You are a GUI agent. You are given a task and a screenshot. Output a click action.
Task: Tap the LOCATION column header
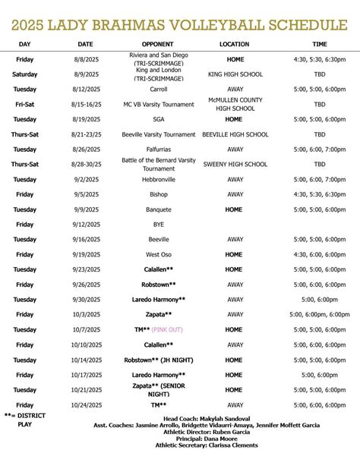pos(234,44)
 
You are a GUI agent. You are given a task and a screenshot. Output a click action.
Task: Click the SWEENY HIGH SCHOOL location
pos(235,164)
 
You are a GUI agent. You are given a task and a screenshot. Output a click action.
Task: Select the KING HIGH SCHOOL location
pos(235,74)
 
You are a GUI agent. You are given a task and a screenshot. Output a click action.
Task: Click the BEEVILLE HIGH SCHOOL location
pos(235,134)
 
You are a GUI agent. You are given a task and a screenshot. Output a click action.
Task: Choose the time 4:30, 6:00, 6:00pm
pos(319,254)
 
